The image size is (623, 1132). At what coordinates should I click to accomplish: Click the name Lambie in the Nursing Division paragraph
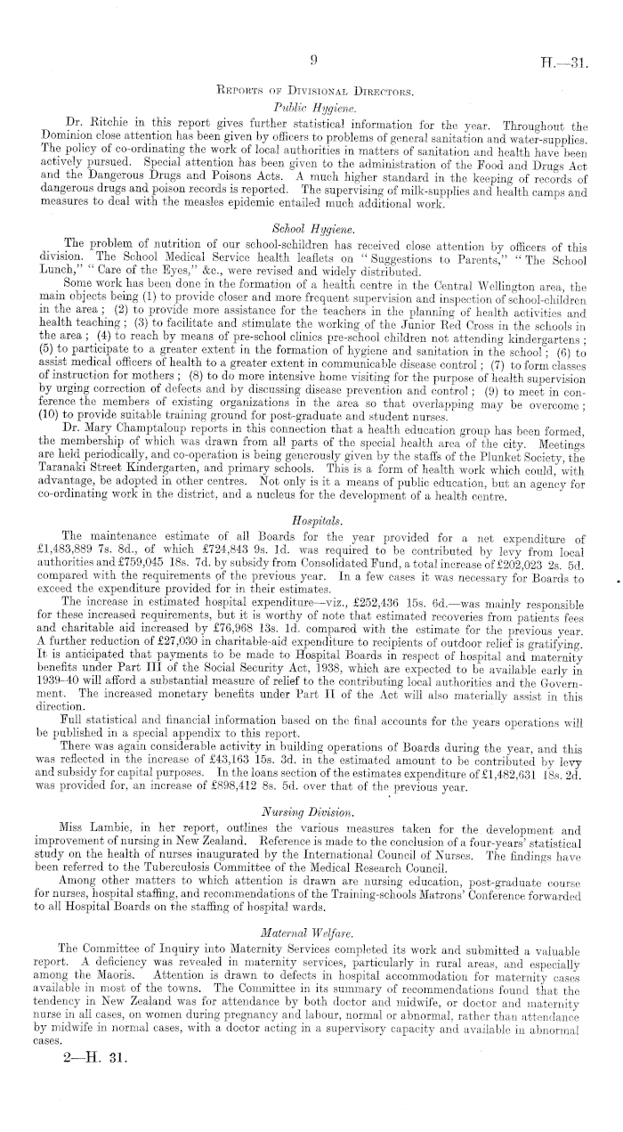point(114,829)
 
